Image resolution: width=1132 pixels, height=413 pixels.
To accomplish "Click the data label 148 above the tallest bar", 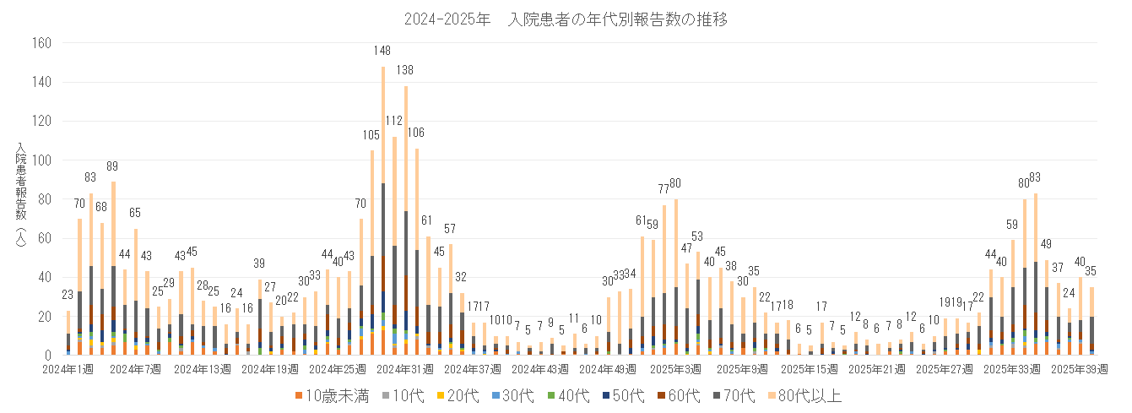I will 382,51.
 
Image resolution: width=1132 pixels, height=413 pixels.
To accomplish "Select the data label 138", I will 405,70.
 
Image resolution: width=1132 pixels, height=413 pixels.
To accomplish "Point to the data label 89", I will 113,166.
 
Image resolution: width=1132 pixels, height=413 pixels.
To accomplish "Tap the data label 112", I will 394,121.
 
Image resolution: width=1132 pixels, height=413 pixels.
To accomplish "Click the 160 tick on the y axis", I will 42,43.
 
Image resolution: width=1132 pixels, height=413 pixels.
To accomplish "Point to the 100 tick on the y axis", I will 42,160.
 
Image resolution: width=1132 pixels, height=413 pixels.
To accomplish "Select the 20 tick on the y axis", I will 46,317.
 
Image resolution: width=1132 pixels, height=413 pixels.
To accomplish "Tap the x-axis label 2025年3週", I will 676,369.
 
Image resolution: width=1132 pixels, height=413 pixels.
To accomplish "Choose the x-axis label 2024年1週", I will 70,369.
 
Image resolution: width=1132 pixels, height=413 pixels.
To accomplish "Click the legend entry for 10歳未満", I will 333,395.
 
